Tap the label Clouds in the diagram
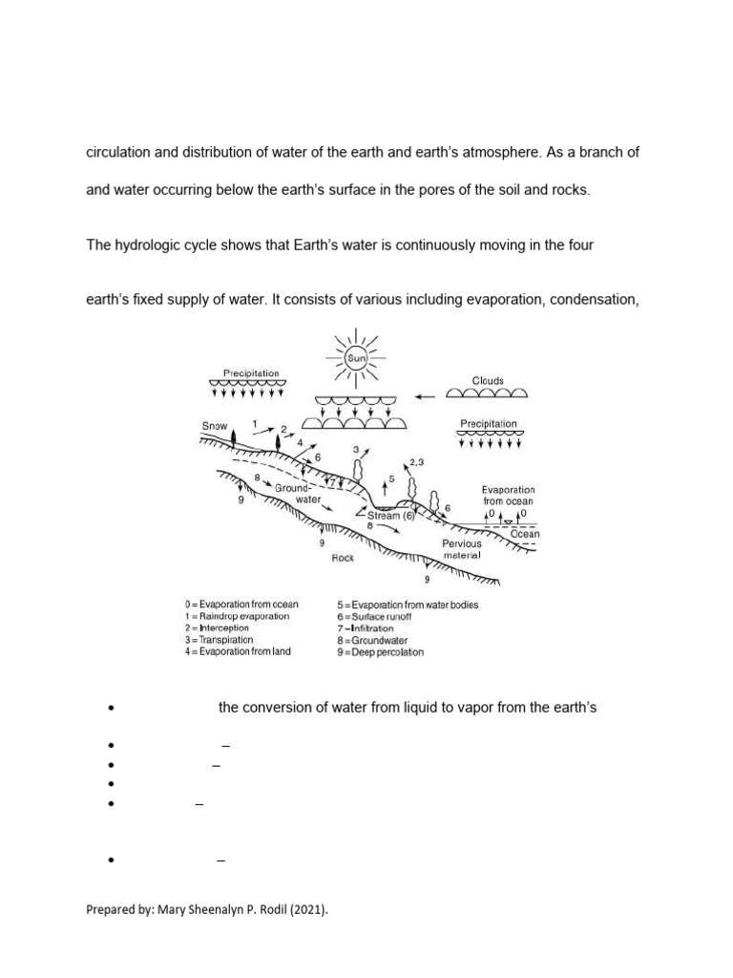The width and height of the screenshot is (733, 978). [x=488, y=379]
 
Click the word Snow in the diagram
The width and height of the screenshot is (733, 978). [x=215, y=426]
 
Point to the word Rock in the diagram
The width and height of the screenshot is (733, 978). [x=343, y=558]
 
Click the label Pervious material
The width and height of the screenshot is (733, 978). [x=462, y=549]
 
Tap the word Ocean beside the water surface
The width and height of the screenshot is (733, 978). [x=525, y=534]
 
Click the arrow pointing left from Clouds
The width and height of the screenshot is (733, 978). [x=426, y=392]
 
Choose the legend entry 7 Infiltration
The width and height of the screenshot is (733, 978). [x=365, y=628]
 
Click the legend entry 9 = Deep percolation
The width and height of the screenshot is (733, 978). [x=379, y=652]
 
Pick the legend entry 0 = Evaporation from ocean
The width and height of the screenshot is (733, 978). [x=241, y=605]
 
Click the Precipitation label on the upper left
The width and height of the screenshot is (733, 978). [x=250, y=373]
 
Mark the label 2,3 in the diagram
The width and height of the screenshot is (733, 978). [x=417, y=462]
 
